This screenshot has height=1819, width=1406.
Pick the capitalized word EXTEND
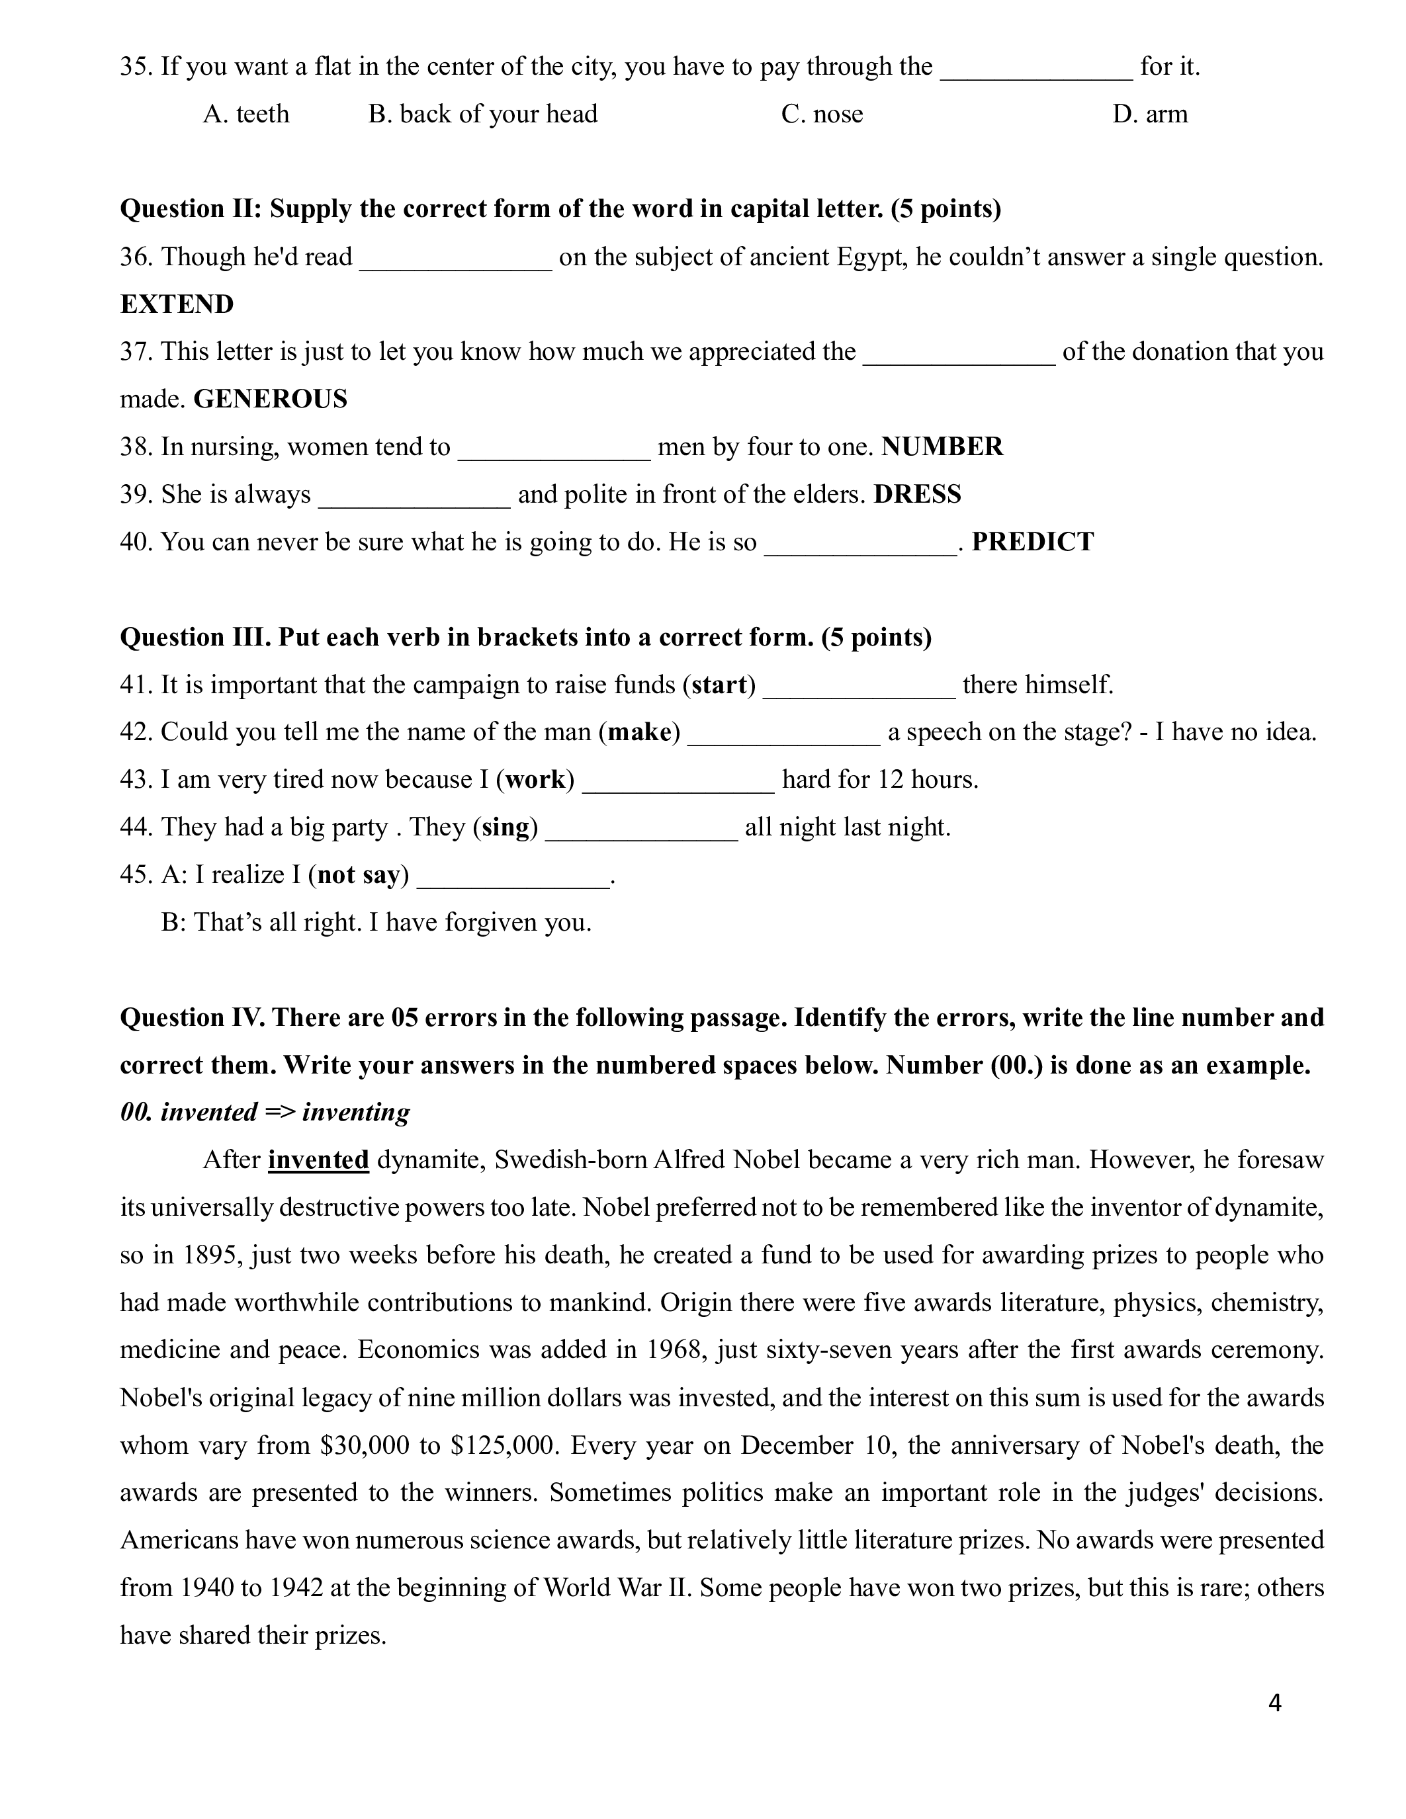(177, 304)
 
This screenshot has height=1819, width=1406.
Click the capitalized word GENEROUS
(270, 399)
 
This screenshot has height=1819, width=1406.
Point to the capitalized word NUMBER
(942, 446)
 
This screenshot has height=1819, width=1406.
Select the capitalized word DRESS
(917, 494)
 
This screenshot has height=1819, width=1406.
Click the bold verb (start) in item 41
(719, 685)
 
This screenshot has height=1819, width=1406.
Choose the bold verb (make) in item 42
(640, 732)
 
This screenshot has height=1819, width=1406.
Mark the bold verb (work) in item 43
(535, 780)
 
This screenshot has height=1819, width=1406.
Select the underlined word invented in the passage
(318, 1160)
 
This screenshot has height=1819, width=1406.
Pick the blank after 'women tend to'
(554, 450)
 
